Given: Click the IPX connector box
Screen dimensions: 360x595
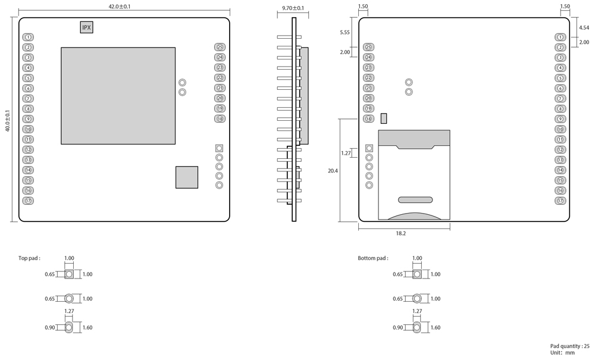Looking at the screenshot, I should click(87, 27).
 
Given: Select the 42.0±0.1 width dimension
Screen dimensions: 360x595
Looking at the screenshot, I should click(120, 7).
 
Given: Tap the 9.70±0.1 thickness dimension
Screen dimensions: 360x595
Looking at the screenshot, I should click(293, 8).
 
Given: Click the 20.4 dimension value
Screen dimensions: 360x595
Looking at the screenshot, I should click(333, 170).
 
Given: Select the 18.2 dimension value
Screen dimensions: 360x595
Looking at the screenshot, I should click(400, 233).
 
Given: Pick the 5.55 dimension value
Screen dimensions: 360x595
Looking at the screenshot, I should click(345, 33).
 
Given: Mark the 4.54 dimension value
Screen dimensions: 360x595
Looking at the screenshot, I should click(584, 27).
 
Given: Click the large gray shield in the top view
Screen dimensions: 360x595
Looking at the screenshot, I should click(118, 96).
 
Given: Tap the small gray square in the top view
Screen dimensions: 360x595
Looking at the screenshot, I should click(187, 177).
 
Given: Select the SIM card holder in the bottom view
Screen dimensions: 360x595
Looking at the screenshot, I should click(414, 175).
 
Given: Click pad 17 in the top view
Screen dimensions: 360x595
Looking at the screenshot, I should click(28, 201).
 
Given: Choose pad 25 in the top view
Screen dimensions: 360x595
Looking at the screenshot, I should click(220, 47).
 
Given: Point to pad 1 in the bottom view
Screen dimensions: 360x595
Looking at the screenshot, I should click(560, 37).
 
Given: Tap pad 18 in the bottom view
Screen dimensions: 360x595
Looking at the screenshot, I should click(368, 119).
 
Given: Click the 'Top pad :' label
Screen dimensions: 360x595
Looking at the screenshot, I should click(29, 258).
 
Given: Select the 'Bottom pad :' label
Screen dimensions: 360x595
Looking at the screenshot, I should click(373, 258).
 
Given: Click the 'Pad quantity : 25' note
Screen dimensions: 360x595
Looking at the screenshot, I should click(569, 346).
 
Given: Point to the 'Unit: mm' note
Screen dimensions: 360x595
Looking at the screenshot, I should click(562, 353).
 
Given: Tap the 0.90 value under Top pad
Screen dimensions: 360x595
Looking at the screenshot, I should click(49, 327).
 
